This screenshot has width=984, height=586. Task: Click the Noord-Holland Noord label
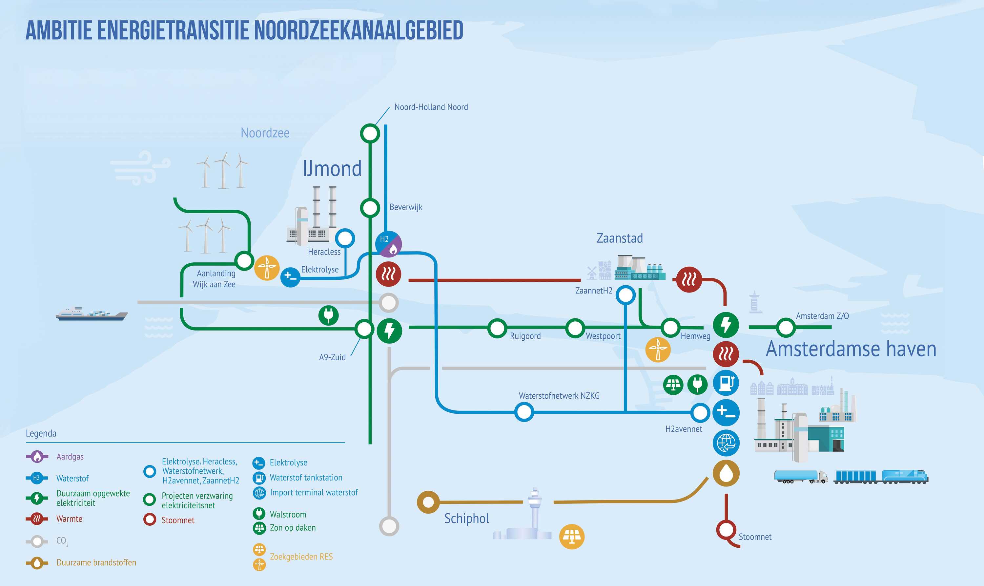tap(431, 107)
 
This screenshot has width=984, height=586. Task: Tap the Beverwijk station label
tap(406, 207)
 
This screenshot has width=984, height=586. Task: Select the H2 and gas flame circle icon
tap(388, 244)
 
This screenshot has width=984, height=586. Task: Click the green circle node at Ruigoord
tap(497, 328)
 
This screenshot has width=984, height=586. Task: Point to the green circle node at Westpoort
tap(575, 328)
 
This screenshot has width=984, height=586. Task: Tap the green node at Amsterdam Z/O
tap(786, 327)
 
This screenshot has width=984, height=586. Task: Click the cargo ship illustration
tap(92, 313)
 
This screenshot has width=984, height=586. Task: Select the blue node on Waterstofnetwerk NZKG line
tap(524, 412)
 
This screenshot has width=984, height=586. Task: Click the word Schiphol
tap(466, 519)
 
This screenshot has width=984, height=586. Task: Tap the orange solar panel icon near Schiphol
tap(572, 537)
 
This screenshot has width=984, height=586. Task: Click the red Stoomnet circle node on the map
tap(726, 530)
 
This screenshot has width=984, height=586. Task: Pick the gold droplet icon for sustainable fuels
tap(726, 473)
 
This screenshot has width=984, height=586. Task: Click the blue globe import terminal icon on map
tap(726, 443)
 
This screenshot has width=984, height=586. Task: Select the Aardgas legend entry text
tap(70, 457)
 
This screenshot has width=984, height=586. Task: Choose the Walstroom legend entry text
tap(288, 515)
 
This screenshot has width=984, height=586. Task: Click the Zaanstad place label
tap(620, 238)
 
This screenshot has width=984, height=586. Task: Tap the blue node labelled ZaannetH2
tap(625, 295)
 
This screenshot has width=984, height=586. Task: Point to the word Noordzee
tap(265, 133)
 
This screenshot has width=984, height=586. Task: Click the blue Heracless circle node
tap(345, 238)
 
